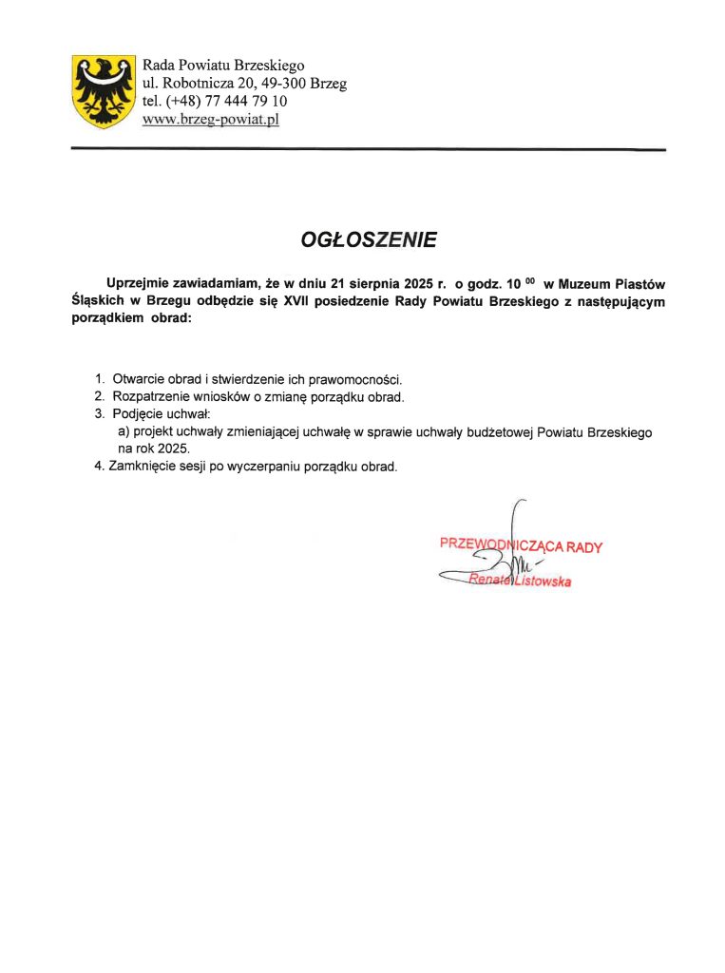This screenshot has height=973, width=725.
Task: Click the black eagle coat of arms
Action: tap(104, 91)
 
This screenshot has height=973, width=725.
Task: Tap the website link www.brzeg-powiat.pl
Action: tap(210, 120)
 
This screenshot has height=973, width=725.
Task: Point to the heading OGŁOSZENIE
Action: tap(369, 240)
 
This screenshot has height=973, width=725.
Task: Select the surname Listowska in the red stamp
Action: tap(543, 581)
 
